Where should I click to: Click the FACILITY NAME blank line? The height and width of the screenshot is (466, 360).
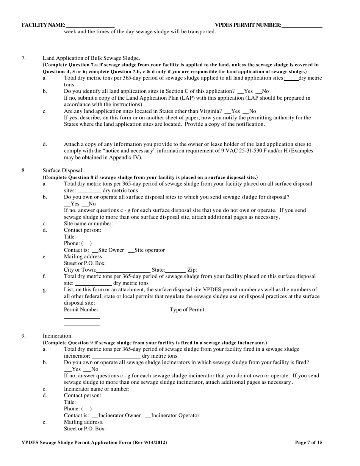[90, 25]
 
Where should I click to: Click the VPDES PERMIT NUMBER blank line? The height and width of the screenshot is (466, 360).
[302, 25]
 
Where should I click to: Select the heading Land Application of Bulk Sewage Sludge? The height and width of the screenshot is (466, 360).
[91, 58]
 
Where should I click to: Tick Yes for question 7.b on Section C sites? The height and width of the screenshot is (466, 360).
[240, 91]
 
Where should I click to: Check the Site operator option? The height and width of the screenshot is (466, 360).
[131, 250]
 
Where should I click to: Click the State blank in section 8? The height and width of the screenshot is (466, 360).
[175, 270]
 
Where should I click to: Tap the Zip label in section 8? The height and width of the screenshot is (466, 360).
[192, 270]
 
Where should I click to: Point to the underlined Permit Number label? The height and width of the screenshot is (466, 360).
[82, 310]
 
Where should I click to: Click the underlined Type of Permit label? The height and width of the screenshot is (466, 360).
[188, 310]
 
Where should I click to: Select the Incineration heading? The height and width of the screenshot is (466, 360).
[58, 336]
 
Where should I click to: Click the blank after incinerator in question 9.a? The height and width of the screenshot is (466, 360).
[116, 356]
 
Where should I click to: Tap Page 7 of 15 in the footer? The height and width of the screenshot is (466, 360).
[308, 442]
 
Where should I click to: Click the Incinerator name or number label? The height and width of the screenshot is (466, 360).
[97, 389]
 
